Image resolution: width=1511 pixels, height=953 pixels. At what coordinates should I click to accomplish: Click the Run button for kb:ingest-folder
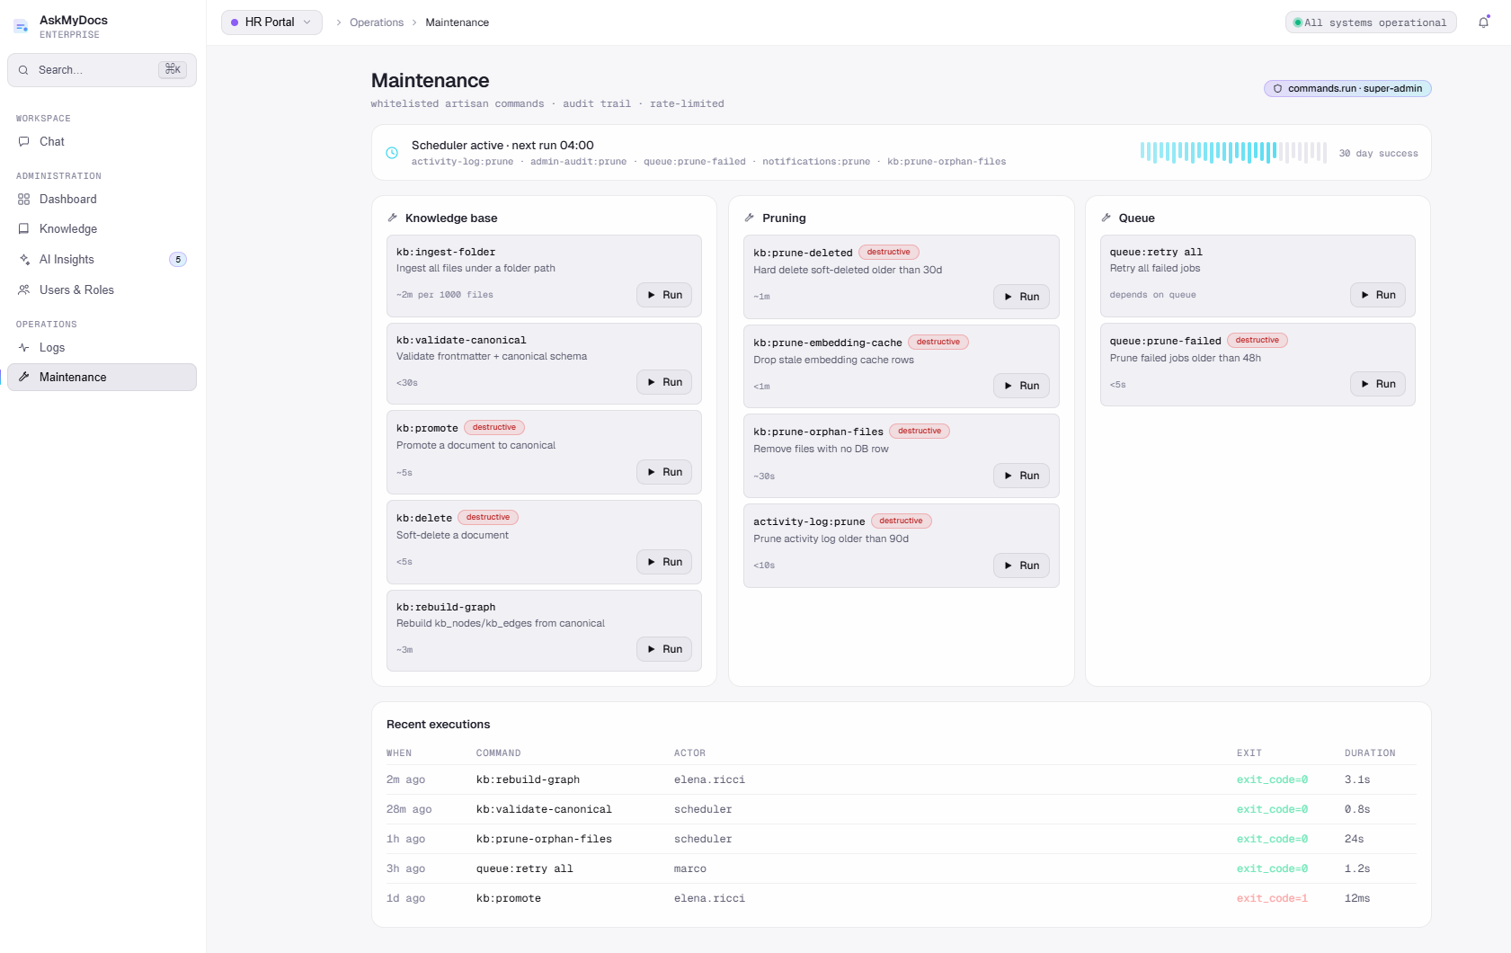663,295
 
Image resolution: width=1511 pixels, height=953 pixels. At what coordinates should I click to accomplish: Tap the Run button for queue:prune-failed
1377,384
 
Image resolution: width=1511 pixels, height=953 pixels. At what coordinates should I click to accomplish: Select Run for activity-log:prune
1020,566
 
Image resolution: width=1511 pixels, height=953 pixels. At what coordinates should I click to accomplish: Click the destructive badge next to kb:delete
488,518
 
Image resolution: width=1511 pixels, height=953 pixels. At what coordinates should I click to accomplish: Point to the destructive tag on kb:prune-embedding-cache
938,343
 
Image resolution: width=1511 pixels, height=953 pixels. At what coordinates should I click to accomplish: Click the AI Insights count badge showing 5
177,260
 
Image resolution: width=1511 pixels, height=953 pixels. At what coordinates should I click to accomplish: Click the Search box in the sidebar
102,70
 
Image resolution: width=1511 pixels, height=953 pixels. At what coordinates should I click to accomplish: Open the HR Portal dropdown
271,22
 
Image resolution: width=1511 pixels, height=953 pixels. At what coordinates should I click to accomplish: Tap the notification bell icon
1483,22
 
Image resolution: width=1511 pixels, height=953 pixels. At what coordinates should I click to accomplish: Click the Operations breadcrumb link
377,22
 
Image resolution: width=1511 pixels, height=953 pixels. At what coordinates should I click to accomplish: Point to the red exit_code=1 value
1272,898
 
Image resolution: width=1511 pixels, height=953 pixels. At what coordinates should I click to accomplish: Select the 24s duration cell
1354,839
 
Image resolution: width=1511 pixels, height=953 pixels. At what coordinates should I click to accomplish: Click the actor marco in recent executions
689,868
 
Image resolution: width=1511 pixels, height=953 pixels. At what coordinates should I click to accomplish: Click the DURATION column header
1370,753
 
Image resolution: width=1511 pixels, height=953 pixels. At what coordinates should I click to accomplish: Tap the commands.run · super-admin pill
1347,88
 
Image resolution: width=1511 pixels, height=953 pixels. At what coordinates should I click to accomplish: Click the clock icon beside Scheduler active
392,153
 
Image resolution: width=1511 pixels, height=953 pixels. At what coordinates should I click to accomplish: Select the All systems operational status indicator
1370,22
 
